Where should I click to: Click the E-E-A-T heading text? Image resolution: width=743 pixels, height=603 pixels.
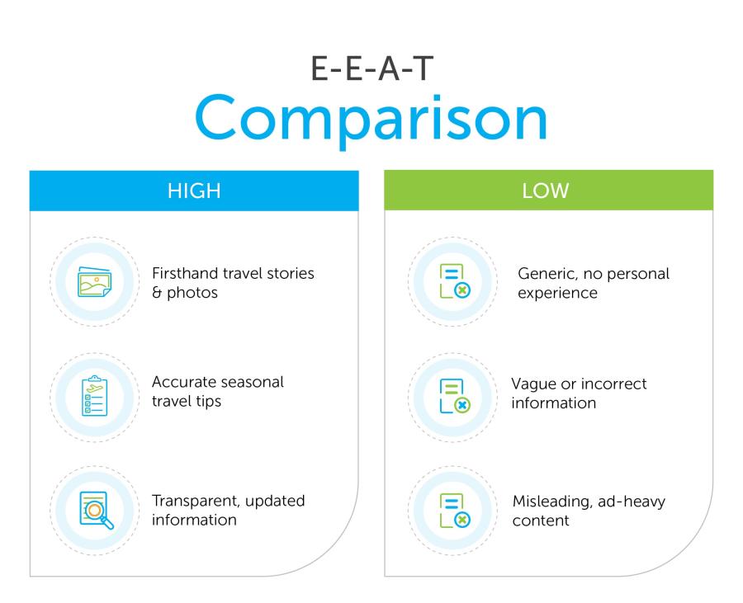(372, 68)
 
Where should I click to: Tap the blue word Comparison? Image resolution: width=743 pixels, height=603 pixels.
(371, 118)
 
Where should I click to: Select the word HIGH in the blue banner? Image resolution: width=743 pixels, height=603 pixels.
(194, 191)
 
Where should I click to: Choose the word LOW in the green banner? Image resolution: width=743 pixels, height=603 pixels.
(546, 191)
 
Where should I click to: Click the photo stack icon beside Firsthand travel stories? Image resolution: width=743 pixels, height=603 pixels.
(94, 281)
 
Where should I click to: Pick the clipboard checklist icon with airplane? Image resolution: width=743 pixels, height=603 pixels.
(95, 396)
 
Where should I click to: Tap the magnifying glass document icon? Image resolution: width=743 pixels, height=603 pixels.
(97, 511)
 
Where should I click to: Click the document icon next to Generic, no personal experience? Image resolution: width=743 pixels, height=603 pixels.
(454, 281)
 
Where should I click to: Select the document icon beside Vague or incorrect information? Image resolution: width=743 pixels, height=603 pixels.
(454, 396)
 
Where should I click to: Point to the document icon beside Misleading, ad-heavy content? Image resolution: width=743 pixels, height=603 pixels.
(454, 511)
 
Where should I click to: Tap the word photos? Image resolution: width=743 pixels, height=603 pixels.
(192, 293)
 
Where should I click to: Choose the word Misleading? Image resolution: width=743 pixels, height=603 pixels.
(552, 502)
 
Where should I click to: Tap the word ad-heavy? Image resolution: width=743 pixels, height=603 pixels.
(632, 502)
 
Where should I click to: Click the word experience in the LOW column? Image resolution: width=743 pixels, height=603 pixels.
(558, 294)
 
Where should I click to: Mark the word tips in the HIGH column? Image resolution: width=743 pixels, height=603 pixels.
(209, 402)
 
